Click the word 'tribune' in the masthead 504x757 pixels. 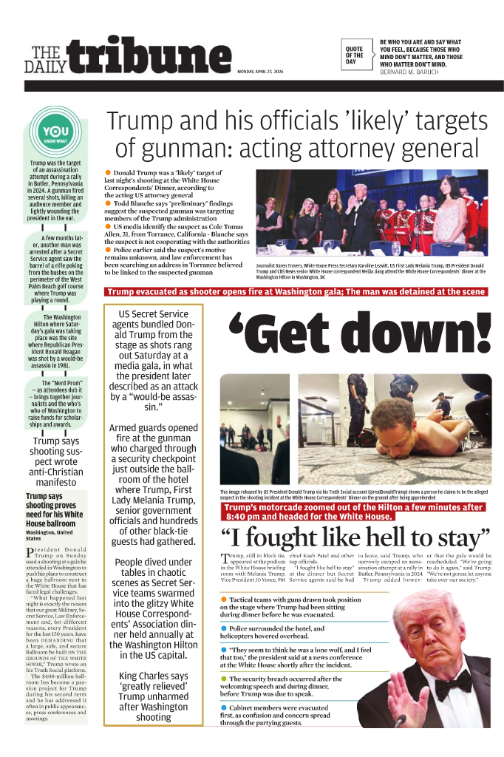pos(147,56)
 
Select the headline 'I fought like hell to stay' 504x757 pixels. pos(355,537)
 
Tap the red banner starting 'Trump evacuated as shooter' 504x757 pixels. pos(296,292)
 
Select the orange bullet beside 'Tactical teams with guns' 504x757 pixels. pos(224,599)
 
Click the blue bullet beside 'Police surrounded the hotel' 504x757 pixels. pos(224,628)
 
